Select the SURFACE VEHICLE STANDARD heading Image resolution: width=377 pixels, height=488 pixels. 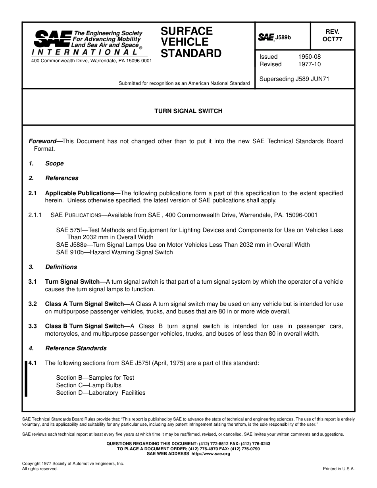pos(191,42)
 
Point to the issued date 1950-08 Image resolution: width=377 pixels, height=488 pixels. pos(309,57)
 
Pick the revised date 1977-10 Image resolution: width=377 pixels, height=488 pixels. pos(309,64)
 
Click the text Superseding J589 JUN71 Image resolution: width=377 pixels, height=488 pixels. pos(294,79)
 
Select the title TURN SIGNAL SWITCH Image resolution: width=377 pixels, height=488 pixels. pos(188,111)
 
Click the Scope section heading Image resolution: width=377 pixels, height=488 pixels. pos(54,163)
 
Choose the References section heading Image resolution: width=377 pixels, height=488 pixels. pos(62,178)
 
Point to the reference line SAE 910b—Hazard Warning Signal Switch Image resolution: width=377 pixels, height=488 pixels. pos(114,252)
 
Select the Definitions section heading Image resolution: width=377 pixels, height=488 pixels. pos(61,267)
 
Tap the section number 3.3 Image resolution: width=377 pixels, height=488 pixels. pos(33,326)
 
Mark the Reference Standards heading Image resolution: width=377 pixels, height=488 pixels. pos(76,348)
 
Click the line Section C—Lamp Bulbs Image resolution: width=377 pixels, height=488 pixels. pos(88,385)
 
